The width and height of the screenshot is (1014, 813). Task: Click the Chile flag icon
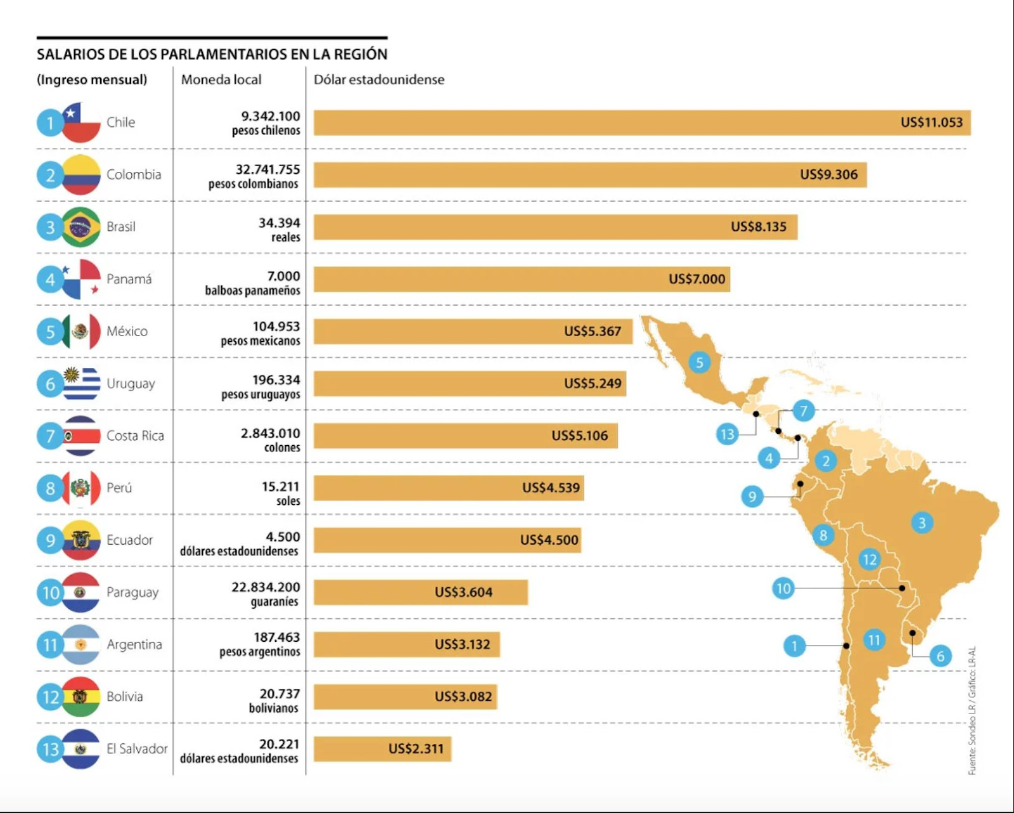(81, 122)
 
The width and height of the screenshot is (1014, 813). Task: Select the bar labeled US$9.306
(589, 175)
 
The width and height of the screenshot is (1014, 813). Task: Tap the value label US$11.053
(931, 122)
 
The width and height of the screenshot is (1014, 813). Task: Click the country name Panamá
(129, 279)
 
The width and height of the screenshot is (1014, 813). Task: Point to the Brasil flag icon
(81, 226)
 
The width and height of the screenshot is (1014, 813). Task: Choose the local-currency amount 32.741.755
(267, 169)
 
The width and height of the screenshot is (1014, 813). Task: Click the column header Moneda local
(221, 80)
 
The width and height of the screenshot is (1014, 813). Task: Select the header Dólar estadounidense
(379, 80)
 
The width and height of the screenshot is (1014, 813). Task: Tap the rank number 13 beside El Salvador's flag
(50, 750)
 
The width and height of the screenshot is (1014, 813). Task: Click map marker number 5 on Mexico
(699, 363)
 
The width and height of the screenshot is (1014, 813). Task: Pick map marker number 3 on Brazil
(921, 523)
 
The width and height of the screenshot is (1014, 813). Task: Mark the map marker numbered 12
(869, 559)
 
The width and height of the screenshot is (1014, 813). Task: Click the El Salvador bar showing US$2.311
(382, 749)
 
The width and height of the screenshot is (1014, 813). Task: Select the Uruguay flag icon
(81, 384)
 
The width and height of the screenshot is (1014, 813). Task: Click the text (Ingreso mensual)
(92, 80)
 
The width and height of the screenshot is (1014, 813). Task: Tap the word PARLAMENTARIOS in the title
(224, 55)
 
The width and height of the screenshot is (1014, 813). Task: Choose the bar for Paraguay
(420, 592)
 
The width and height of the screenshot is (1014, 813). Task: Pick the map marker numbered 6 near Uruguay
(940, 656)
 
